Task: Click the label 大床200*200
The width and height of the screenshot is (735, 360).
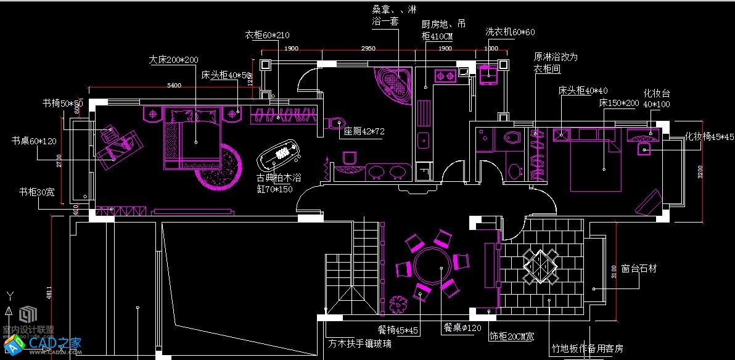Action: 173,60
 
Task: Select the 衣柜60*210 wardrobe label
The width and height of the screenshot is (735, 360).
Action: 268,35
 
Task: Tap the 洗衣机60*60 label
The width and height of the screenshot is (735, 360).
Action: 510,31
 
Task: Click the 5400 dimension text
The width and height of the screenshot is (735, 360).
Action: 175,86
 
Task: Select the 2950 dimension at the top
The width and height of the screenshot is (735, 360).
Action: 368,48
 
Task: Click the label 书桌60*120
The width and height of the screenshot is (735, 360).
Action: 34,141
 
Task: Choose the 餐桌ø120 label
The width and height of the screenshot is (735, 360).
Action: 462,329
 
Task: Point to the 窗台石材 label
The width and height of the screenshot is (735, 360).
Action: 639,269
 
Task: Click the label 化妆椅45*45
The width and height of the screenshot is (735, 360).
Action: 710,137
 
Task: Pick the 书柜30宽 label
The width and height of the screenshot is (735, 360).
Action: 36,192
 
